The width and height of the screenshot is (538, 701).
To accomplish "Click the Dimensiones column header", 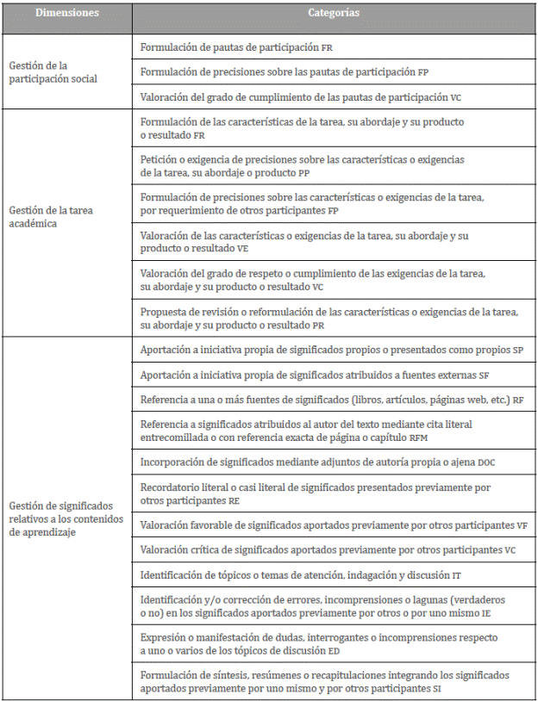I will pyautogui.click(x=67, y=14).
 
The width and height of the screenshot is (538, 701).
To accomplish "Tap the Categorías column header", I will pyautogui.click(x=334, y=14).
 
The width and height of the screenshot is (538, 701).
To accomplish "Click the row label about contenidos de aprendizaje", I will pyautogui.click(x=66, y=519).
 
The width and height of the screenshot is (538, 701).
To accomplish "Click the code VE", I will pyautogui.click(x=243, y=247).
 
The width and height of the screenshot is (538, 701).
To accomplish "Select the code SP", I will pyautogui.click(x=517, y=350).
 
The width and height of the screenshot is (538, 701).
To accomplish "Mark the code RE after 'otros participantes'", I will pyautogui.click(x=235, y=499).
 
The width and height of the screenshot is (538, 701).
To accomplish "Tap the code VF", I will pyautogui.click(x=522, y=524).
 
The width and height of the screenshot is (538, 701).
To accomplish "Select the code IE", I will pyautogui.click(x=486, y=611).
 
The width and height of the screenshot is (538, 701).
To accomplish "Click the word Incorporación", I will pyautogui.click(x=171, y=462).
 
